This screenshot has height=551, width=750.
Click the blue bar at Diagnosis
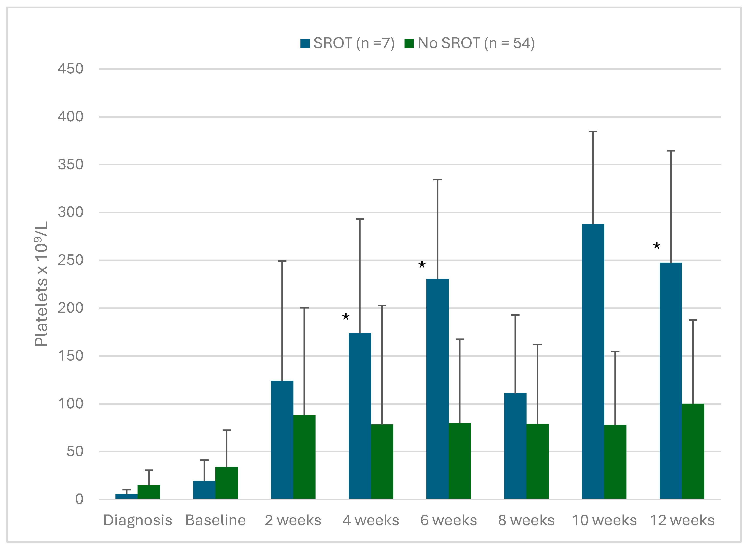point(126,497)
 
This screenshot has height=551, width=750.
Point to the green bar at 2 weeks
point(304,457)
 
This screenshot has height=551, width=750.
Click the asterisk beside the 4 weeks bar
point(346,317)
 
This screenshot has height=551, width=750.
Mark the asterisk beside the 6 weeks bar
point(422,265)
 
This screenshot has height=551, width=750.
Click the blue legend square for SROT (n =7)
point(305,43)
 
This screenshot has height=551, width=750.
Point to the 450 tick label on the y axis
point(70,69)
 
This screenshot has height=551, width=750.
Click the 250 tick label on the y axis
point(70,260)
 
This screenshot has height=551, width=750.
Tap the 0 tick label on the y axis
point(79,499)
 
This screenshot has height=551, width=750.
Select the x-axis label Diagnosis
point(137,520)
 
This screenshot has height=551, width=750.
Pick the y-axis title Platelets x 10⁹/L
point(41,284)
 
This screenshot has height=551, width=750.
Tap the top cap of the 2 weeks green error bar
point(304,308)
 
